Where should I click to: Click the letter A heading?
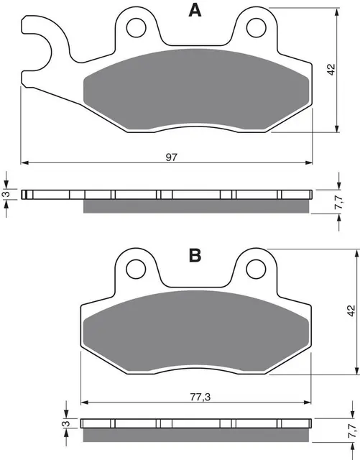click(x=195, y=10)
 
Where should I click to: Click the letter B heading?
click(x=195, y=255)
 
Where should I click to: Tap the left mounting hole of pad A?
click(x=136, y=27)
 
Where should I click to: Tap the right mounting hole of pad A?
click(x=256, y=27)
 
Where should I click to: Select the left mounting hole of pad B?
click(x=136, y=269)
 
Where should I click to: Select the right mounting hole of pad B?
click(x=256, y=269)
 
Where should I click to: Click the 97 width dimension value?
click(x=172, y=157)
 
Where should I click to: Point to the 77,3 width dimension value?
click(x=200, y=397)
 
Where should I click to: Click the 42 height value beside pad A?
click(x=331, y=70)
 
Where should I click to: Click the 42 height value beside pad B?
click(x=351, y=311)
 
